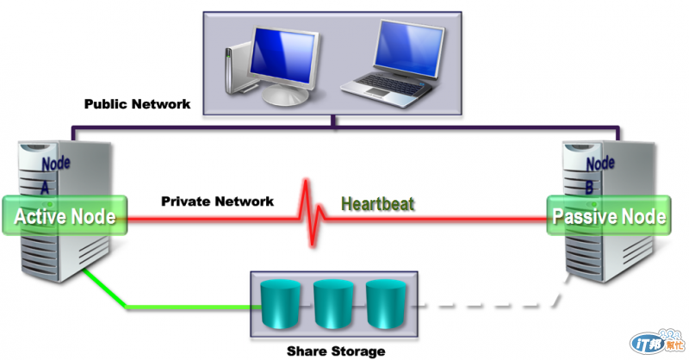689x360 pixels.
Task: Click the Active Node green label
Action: [65, 216]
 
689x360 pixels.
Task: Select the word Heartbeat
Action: [377, 204]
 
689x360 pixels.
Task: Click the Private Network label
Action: [217, 202]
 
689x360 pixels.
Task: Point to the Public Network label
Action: [137, 104]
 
